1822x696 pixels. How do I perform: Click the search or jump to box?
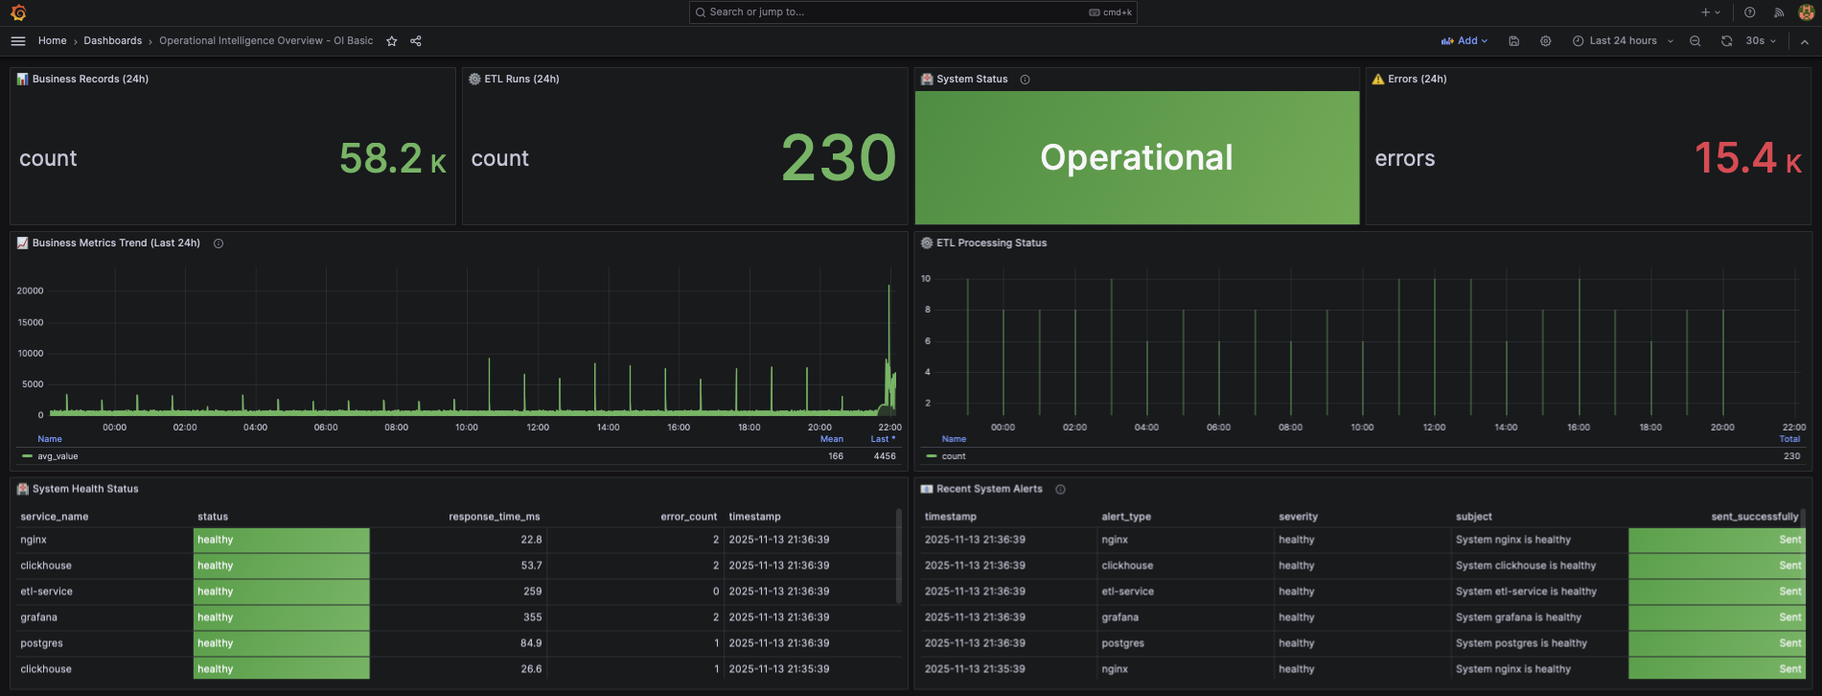[911, 12]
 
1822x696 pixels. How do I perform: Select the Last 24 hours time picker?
[1623, 41]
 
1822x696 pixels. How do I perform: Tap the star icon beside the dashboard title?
[391, 41]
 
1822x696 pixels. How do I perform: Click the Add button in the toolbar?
[1464, 41]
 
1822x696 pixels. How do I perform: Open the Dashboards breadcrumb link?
[112, 41]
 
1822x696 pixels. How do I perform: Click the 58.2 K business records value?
[392, 158]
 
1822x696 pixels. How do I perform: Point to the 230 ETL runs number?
[839, 158]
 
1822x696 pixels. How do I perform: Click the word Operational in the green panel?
[1137, 158]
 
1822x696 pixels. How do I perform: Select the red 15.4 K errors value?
[1747, 158]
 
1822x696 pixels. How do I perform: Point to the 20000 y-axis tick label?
[31, 290]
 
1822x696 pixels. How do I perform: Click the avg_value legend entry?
[58, 456]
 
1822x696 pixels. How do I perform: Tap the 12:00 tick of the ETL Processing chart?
[1434, 428]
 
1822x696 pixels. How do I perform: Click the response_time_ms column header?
[495, 517]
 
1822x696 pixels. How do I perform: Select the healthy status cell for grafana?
[281, 617]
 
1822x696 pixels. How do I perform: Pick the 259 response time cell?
[532, 592]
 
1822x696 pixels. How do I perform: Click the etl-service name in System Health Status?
[47, 592]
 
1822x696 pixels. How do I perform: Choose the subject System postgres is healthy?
[1521, 643]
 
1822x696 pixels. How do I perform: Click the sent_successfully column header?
[1754, 517]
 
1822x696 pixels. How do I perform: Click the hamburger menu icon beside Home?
[18, 41]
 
